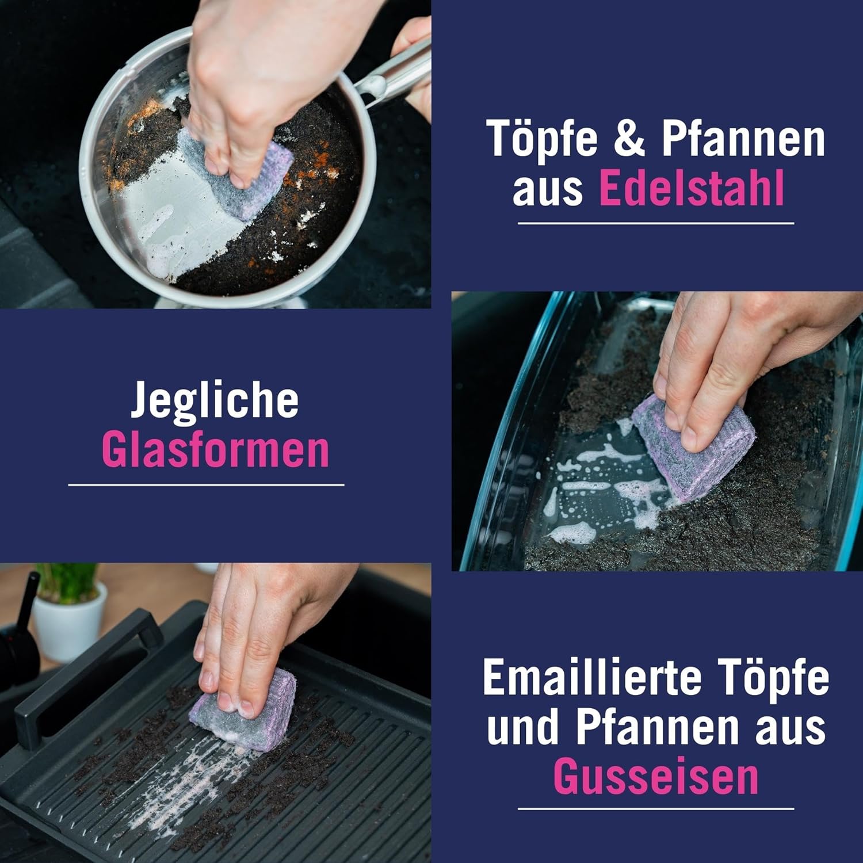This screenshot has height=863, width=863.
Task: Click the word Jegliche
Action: click(215, 401)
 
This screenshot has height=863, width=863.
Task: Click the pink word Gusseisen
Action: click(656, 777)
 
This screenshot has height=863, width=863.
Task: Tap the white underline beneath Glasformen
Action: click(206, 485)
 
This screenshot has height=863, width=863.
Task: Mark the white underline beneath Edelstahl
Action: click(656, 223)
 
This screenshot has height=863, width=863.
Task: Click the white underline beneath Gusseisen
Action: click(656, 808)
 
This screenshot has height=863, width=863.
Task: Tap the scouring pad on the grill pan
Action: click(245, 711)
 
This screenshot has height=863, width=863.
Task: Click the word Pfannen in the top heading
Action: click(742, 140)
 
